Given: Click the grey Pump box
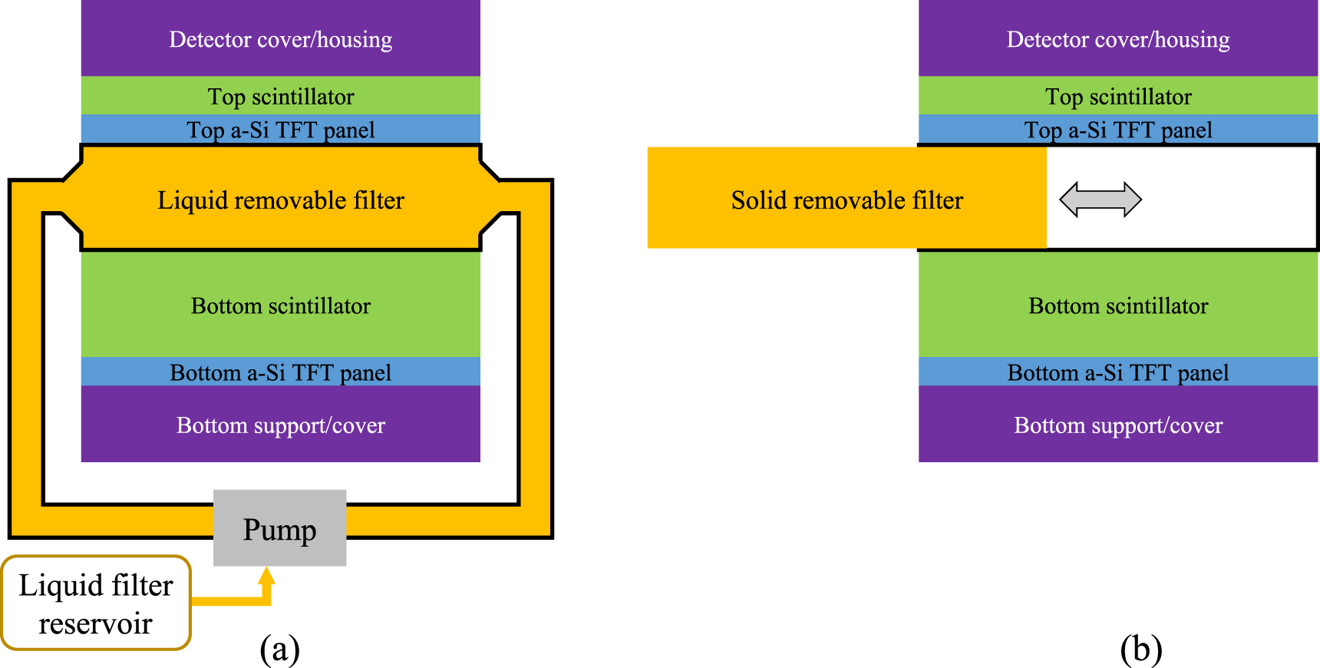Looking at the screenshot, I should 279,528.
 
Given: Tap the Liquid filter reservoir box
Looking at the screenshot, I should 96,604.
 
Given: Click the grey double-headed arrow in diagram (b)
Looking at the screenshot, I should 1100,200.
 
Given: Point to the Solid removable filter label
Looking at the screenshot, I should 846,200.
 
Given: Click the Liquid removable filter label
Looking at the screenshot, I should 281,200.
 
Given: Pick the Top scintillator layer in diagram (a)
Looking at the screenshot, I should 281,96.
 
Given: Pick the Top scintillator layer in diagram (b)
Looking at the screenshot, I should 1118,96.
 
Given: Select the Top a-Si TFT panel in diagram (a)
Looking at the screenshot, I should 281,130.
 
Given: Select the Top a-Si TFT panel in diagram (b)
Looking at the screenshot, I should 1118,130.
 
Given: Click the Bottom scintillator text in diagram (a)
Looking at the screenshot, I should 281,306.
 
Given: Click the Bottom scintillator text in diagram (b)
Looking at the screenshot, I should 1118,306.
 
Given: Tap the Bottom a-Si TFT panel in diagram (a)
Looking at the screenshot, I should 281,372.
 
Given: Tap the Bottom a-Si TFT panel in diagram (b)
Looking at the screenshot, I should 1118,372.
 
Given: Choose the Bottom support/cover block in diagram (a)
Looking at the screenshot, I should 281,425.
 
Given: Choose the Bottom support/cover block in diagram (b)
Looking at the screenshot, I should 1118,425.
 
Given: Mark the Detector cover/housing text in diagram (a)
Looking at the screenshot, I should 281,39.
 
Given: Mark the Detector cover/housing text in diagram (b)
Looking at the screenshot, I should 1118,39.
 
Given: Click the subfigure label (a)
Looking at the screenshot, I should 279,649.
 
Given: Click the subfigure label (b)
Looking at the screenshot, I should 1141,649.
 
